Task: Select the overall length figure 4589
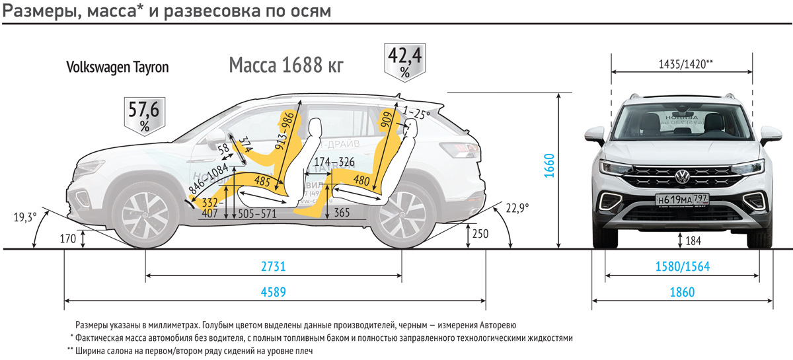pyautogui.click(x=274, y=292)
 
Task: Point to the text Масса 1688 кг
pyautogui.click(x=286, y=65)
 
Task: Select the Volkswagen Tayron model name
pyautogui.click(x=118, y=67)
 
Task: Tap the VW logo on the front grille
pyautogui.click(x=681, y=176)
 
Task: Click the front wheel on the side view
pyautogui.click(x=145, y=216)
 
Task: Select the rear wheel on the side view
pyautogui.click(x=402, y=217)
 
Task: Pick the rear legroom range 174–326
pyautogui.click(x=334, y=162)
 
